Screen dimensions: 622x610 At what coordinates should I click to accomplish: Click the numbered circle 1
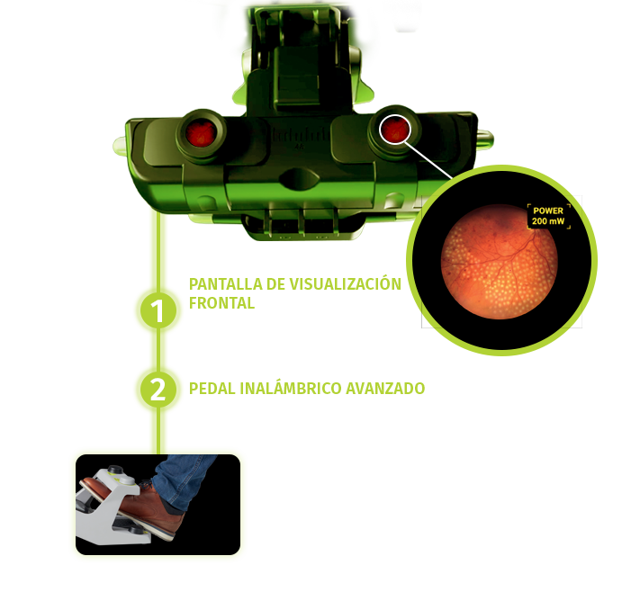point(158,310)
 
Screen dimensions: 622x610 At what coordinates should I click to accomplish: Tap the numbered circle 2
point(158,390)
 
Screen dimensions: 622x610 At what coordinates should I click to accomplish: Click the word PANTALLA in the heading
point(226,284)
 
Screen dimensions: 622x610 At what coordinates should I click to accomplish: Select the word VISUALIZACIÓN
point(345,283)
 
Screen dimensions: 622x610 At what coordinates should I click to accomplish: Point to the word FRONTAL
point(221,303)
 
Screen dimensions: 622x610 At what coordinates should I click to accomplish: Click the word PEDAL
point(212,389)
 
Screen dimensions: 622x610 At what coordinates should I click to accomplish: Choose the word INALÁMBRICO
point(291,388)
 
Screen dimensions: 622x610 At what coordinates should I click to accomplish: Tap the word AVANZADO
point(385,389)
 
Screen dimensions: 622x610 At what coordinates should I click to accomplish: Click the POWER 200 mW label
point(548,216)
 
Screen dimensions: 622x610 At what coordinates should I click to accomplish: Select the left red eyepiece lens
point(201,134)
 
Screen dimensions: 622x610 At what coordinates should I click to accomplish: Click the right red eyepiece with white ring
point(394,130)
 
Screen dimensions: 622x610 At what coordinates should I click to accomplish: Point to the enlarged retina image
point(500,262)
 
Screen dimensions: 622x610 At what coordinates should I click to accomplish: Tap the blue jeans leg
point(184,480)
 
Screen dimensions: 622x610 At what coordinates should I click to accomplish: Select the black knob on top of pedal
point(115,470)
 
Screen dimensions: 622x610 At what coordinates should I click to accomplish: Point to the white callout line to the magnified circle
point(428,159)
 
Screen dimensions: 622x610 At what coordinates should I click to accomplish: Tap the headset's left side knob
point(120,146)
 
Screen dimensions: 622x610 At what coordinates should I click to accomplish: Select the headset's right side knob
point(485,139)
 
